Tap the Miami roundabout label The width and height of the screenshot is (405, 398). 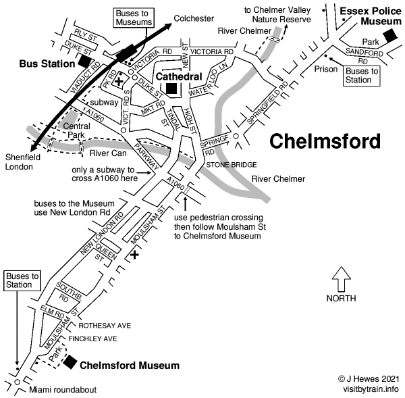pos(63,390)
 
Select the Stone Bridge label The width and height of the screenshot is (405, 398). pos(231,164)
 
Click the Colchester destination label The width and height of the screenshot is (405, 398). pos(193,18)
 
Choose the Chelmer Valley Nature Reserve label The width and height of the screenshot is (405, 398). pos(277,15)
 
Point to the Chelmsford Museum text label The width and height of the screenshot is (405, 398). pos(130,366)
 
